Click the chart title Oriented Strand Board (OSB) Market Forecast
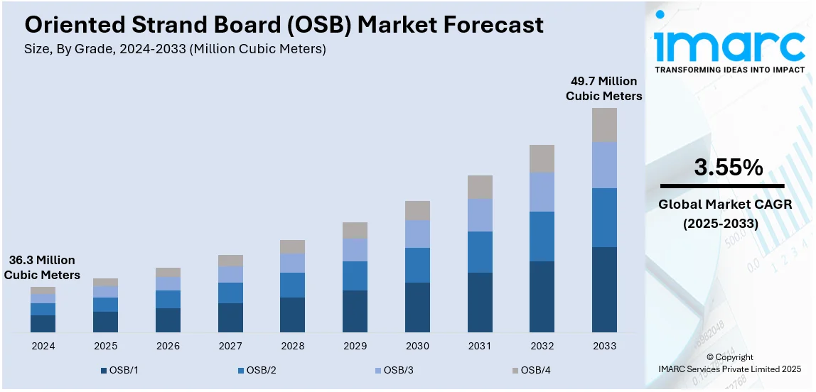click(284, 25)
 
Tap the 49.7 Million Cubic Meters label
click(603, 89)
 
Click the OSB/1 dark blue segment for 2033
click(604, 289)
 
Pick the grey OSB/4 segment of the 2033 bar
click(604, 125)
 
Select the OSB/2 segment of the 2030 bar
click(417, 265)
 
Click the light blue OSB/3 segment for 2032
click(542, 192)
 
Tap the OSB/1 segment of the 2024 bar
click(43, 323)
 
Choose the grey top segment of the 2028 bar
click(292, 246)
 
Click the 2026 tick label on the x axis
click(168, 346)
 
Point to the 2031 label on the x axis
click(480, 346)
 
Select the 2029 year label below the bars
click(355, 346)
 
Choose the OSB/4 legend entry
click(530, 370)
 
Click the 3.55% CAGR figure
click(728, 168)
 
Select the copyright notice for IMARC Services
click(730, 363)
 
